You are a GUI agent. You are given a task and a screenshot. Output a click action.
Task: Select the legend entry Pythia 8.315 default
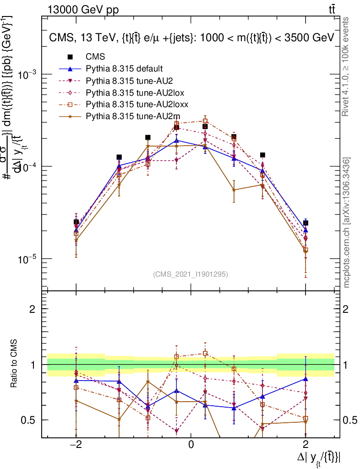(x=124, y=69)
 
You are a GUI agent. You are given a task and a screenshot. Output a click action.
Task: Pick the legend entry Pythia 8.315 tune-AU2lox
(x=128, y=93)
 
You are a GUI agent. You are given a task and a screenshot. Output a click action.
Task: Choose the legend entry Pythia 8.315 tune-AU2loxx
(x=130, y=105)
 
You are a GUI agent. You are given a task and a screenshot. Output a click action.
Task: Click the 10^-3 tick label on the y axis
(x=27, y=74)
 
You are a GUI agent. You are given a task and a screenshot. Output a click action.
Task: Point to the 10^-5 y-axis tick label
(x=27, y=259)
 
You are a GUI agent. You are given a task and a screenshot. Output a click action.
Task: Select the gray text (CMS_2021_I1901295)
(x=191, y=274)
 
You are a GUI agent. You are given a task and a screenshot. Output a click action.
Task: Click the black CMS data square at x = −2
(x=76, y=222)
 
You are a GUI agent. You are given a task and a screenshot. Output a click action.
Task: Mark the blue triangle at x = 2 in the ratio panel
(x=305, y=379)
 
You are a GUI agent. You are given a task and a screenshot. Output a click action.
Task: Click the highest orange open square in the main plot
(x=205, y=121)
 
